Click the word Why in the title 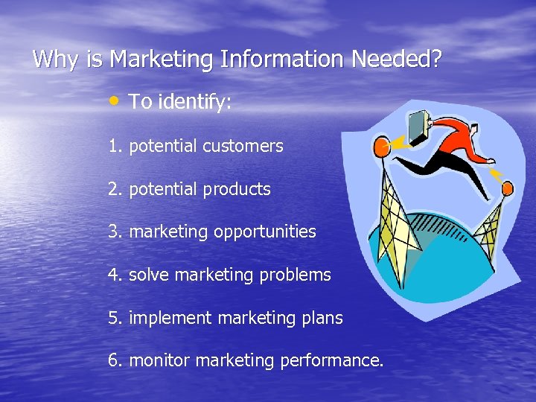pyautogui.click(x=58, y=60)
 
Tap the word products pyautogui.click(x=240, y=190)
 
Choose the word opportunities pyautogui.click(x=265, y=232)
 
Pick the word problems pyautogui.click(x=296, y=275)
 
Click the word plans pyautogui.click(x=322, y=319)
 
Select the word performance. pyautogui.click(x=332, y=362)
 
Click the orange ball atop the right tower pyautogui.click(x=507, y=189)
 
